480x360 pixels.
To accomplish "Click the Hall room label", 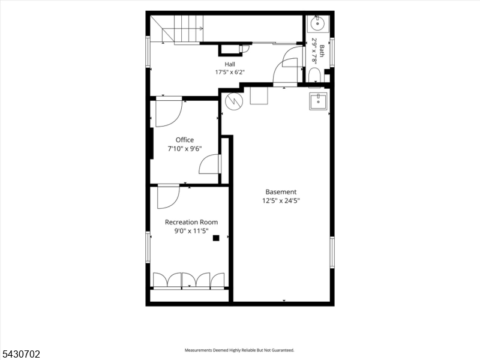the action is [x=230, y=64].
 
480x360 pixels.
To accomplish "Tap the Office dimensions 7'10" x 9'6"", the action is [x=185, y=149].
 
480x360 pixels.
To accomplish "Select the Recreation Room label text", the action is [x=191, y=222].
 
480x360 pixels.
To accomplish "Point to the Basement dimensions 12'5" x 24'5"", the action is [x=281, y=201].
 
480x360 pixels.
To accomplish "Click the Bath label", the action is [x=322, y=51].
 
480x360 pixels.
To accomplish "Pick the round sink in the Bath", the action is [x=318, y=23].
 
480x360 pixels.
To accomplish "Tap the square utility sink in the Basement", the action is [x=318, y=101].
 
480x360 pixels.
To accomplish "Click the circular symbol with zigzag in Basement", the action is [x=234, y=101].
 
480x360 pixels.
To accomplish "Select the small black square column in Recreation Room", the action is [x=216, y=238].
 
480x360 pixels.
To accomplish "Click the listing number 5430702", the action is [x=20, y=354].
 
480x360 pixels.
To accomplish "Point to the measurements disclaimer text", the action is [x=239, y=350].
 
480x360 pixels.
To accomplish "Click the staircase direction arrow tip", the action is [x=203, y=28].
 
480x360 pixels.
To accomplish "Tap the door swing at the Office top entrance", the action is [x=169, y=113].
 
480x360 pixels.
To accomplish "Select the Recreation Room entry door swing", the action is [x=169, y=197].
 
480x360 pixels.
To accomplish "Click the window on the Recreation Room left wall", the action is [x=148, y=247].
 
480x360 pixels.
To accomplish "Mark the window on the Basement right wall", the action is [x=332, y=252].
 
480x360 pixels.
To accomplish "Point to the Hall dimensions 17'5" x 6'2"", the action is [x=230, y=72].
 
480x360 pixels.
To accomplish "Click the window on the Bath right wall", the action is [x=332, y=52].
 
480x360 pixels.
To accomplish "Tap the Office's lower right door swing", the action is [x=209, y=164].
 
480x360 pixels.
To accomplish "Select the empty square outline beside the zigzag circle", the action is [x=259, y=95].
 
